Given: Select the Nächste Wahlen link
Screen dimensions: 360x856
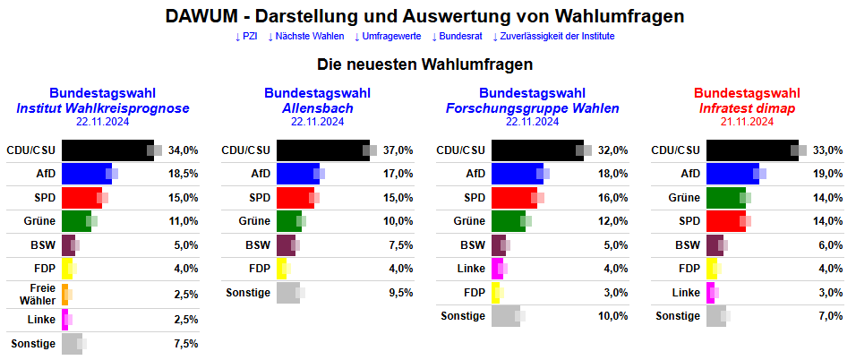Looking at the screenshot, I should pos(305,37).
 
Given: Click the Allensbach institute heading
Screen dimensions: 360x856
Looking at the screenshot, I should pos(317,108).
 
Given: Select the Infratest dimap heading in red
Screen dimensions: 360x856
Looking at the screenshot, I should pos(747,108).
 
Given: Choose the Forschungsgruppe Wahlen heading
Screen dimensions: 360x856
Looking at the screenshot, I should pos(532,108).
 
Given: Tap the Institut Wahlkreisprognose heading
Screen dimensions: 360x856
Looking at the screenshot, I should pos(103,108).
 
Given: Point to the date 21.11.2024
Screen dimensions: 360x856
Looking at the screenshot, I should pos(747,122).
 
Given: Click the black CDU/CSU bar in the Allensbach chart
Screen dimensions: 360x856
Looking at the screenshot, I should pos(321,150).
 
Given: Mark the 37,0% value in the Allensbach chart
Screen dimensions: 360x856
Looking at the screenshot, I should pos(398,150).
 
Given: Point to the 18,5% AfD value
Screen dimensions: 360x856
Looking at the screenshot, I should pos(183,174).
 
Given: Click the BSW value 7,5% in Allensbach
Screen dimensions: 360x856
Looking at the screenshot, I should pos(398,244).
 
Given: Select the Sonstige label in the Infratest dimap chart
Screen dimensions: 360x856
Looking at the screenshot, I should pos(678,315).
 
